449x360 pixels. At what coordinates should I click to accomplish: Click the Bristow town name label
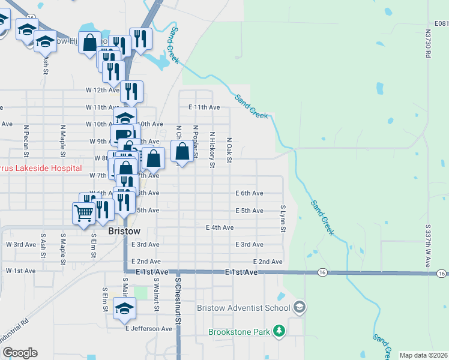(x=124, y=231)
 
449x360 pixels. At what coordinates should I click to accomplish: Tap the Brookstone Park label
(x=240, y=331)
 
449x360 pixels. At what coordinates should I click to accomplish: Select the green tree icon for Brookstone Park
(x=279, y=331)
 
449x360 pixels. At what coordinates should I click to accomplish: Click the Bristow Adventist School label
(x=244, y=308)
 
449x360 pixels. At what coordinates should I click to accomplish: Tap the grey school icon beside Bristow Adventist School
(x=300, y=308)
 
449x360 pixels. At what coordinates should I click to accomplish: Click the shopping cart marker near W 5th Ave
(x=83, y=212)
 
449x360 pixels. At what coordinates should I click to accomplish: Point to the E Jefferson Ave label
(x=149, y=328)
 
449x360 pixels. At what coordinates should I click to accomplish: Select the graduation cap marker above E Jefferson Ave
(x=125, y=308)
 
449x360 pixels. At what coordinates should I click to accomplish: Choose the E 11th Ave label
(x=203, y=107)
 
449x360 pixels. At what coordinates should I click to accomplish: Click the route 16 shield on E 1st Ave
(x=322, y=272)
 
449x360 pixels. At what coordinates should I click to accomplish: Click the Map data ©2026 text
(x=423, y=355)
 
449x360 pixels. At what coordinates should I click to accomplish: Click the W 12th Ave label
(x=99, y=90)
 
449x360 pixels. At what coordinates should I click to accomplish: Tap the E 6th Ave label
(x=249, y=193)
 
